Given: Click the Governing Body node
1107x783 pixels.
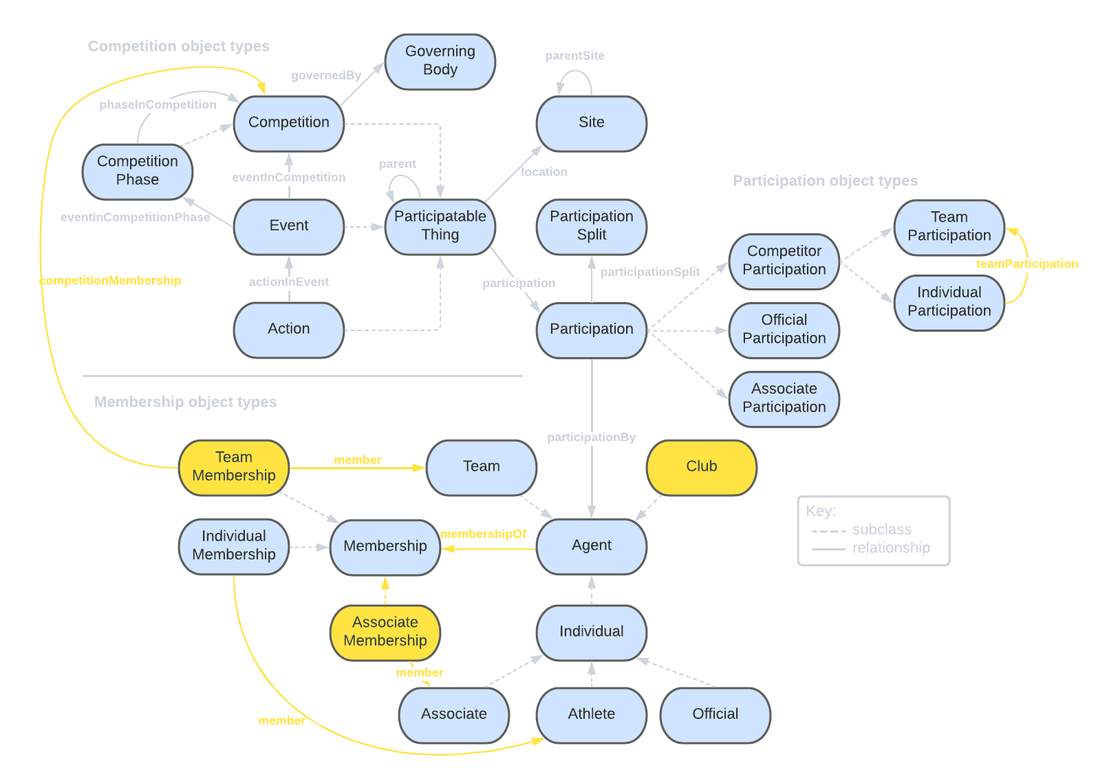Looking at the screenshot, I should coord(440,61).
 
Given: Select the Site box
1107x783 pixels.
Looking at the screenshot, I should coord(591,123).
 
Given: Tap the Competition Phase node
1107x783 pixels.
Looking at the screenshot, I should coord(138,171).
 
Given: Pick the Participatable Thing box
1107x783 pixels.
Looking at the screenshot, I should coord(440,226).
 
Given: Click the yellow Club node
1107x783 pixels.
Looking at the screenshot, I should coord(701,467).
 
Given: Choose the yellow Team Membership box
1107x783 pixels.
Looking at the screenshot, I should coord(234,467).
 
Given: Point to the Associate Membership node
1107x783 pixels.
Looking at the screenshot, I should coord(385,632).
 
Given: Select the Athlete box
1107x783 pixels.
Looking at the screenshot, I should coord(591,714).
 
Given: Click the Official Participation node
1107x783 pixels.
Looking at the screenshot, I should coord(784,330).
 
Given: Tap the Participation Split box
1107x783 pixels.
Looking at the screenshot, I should coord(591,226).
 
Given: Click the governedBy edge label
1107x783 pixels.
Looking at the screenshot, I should coord(326,76).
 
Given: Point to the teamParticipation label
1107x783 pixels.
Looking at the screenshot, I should coord(1027,264).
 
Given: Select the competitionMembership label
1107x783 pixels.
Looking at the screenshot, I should coord(110,281).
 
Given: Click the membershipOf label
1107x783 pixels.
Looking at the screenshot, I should coord(483,534).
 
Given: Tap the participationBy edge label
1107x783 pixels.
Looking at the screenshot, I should coord(591,438).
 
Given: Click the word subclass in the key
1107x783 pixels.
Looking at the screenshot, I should coord(881,530).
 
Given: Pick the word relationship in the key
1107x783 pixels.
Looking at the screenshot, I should coord(891,548).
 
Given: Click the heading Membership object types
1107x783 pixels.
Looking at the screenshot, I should coord(186,403).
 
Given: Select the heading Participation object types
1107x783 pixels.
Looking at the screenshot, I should coord(825,181).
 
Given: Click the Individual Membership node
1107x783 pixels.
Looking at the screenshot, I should coord(234,546).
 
